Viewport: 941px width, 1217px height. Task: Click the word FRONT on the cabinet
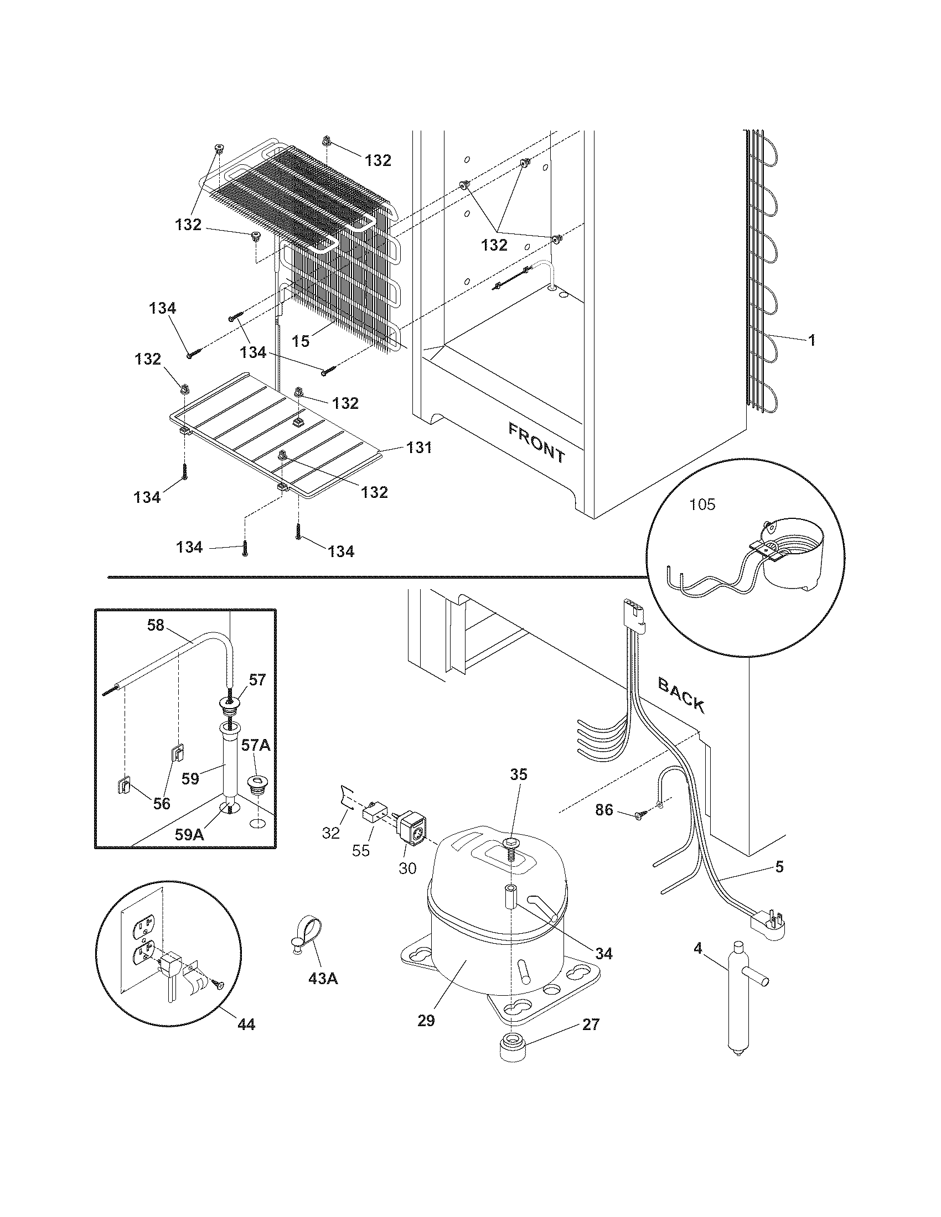point(536,444)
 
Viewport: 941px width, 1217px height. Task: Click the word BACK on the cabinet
point(681,695)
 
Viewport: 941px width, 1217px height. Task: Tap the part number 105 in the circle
point(702,505)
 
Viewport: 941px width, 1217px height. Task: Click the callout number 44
point(246,1024)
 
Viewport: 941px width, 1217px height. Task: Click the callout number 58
point(156,625)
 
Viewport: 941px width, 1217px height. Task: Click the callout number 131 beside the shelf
point(418,448)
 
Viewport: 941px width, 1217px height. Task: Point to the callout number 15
point(301,341)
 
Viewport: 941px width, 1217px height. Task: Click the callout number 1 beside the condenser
point(811,340)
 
